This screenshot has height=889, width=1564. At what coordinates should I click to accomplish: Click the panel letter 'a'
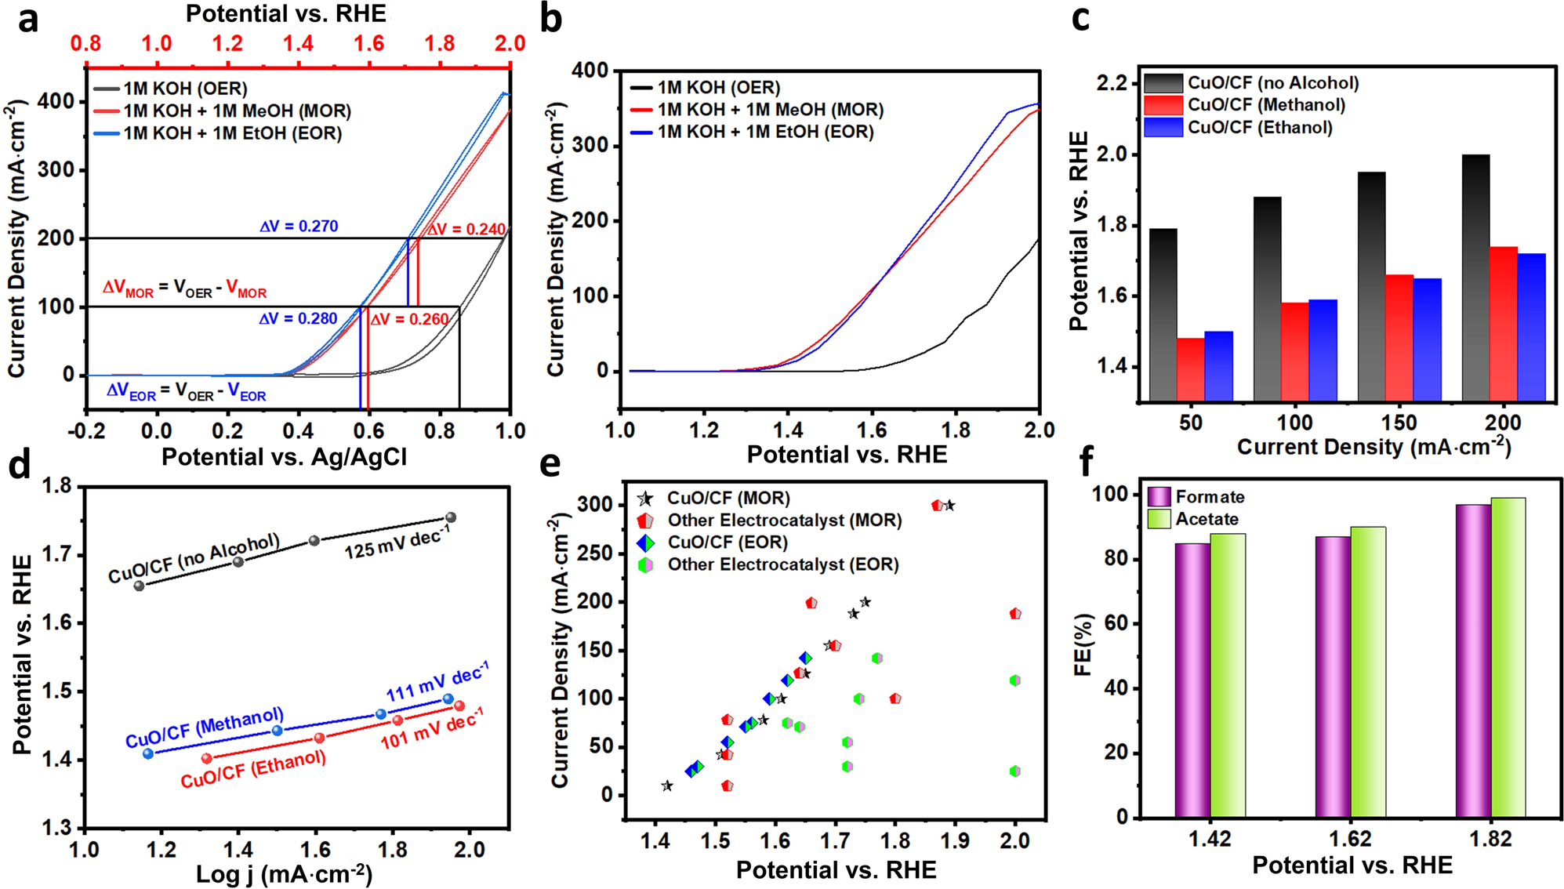pos(28,19)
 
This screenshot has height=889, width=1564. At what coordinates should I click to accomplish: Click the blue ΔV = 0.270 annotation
pos(299,227)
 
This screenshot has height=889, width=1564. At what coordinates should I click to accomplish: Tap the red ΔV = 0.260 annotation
pos(409,319)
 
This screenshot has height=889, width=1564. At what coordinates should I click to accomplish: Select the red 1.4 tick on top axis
pos(299,43)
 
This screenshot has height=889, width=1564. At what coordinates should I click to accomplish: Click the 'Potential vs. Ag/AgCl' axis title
pos(284,457)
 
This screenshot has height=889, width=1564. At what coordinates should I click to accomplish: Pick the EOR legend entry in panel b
pos(764,132)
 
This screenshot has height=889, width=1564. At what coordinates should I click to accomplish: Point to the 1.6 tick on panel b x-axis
pos(872,430)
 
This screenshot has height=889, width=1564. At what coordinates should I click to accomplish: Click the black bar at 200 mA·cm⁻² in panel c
pos(1475,278)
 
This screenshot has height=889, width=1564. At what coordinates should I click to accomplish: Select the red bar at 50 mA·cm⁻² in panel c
pos(1190,369)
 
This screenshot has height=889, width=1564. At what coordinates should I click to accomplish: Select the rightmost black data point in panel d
pos(451,517)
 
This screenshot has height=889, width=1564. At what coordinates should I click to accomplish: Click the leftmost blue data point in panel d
pos(148,753)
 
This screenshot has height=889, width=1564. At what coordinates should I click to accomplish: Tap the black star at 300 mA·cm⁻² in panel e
pos(949,506)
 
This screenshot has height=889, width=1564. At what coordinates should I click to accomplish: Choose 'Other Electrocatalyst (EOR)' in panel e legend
pos(782,564)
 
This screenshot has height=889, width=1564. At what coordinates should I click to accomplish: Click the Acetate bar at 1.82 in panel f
pos(1508,657)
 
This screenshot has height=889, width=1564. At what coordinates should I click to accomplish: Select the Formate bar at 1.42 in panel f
pos(1192,680)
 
